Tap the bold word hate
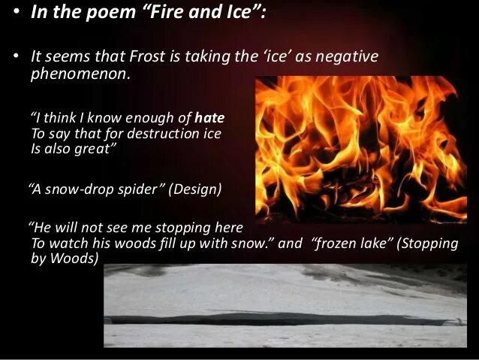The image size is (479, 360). click(209, 118)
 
